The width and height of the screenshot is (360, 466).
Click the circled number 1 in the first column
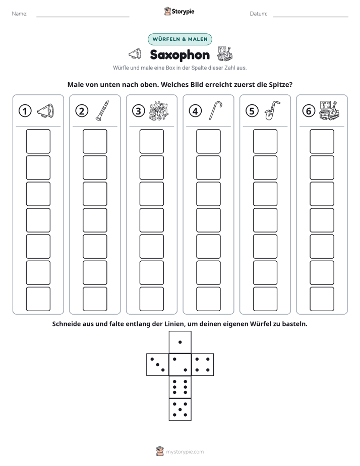pos(25,111)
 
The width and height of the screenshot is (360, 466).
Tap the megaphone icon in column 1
pos(45,111)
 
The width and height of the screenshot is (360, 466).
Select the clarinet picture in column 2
pos(102,110)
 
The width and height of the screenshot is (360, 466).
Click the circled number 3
pos(139,111)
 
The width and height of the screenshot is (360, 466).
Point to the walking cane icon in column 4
pos(215,110)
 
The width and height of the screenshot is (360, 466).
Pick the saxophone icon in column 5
pos(272,110)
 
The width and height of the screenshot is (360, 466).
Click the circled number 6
pos(309,111)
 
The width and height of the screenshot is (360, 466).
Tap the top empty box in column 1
pos(38,141)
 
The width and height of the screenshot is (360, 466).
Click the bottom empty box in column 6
pos(322,299)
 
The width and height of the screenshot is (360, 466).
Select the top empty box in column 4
pos(209,141)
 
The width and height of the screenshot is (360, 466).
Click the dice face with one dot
pos(180,342)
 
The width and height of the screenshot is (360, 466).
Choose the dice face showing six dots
pos(180,387)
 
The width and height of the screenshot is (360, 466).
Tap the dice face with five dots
pos(180,409)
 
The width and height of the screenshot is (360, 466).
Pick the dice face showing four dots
pos(203,365)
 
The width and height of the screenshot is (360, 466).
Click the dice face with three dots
pos(158,365)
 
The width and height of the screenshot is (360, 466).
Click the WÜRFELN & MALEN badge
pos(180,39)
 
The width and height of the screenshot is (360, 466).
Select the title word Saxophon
pos(180,54)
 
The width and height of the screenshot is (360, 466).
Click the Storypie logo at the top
pos(179,11)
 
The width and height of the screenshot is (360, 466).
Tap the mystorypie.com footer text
pos(185,452)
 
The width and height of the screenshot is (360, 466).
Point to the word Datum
pos(258,14)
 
